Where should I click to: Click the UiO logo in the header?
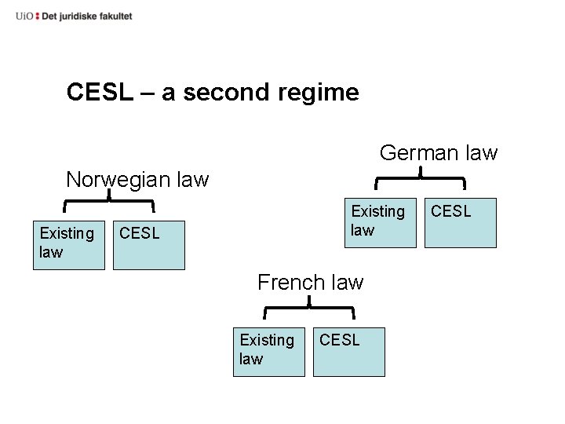(x=25, y=16)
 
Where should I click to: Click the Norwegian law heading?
(x=137, y=180)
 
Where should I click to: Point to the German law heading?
(x=439, y=152)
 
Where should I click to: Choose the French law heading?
(x=311, y=282)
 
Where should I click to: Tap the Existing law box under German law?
(x=381, y=222)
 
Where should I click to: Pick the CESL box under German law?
(x=461, y=222)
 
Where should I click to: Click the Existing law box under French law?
(x=268, y=351)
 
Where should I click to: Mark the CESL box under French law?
(x=349, y=351)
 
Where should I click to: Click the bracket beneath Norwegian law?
(x=108, y=202)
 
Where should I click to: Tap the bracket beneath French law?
(x=311, y=308)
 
